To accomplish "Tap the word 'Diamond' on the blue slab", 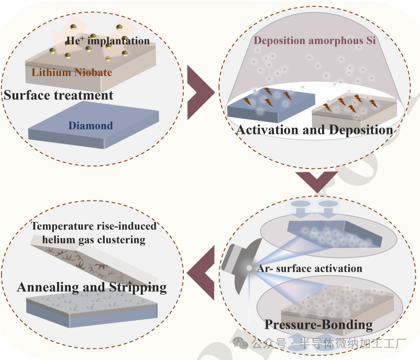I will (90, 126).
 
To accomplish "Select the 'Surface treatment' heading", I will (59, 95).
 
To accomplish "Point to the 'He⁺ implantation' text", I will (107, 41).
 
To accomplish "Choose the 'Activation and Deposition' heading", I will (315, 130).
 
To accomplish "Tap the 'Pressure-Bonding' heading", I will (318, 324).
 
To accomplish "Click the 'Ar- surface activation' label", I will (310, 268).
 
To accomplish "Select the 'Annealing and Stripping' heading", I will (92, 287).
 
